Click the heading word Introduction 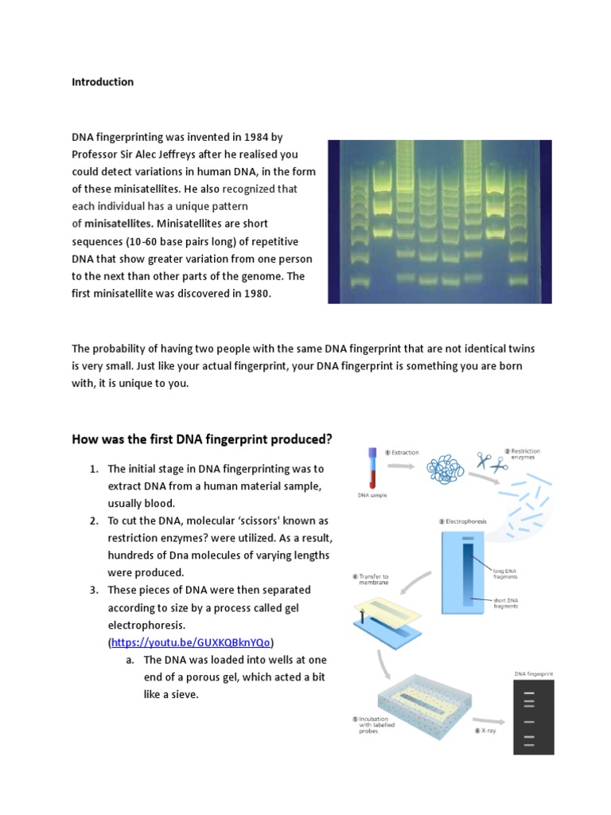(x=103, y=82)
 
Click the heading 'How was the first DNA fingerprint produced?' (x=202, y=439)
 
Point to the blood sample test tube (x=372, y=469)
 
